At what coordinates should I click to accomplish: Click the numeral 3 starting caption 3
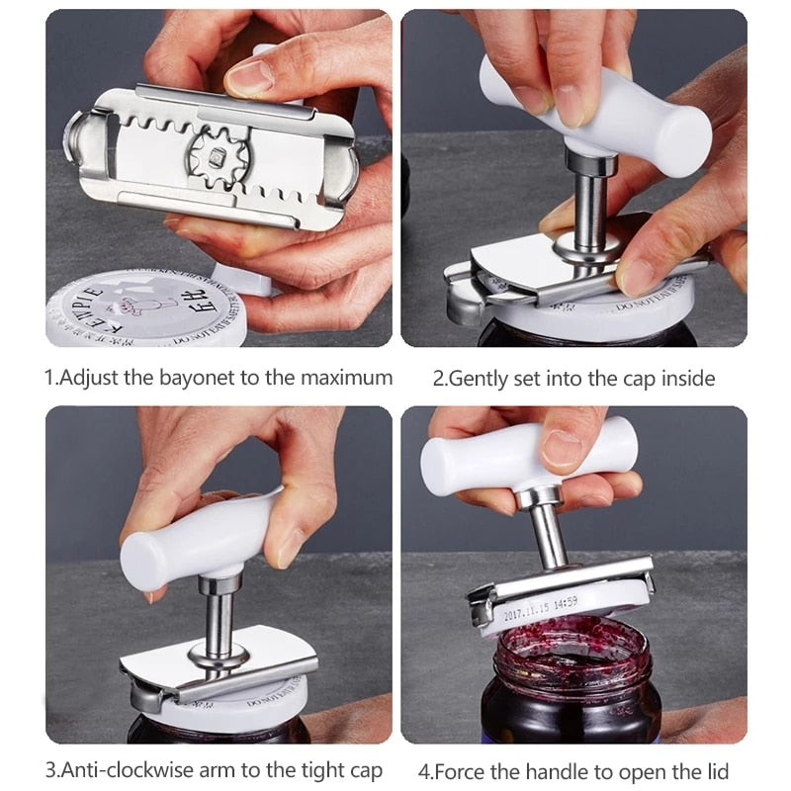(x=50, y=770)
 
